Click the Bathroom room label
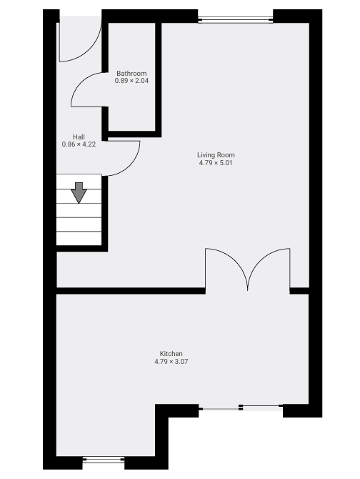pos(131,74)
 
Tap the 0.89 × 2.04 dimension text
pos(131,81)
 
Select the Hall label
pos(79,137)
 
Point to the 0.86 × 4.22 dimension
pos(79,144)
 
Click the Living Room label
pos(216,155)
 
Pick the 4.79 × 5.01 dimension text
pos(216,163)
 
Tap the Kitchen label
pos(171,354)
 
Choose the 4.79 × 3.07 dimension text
pos(171,362)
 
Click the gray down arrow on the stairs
pos(79,192)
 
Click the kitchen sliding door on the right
pos(241,408)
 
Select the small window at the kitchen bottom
pos(104,460)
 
